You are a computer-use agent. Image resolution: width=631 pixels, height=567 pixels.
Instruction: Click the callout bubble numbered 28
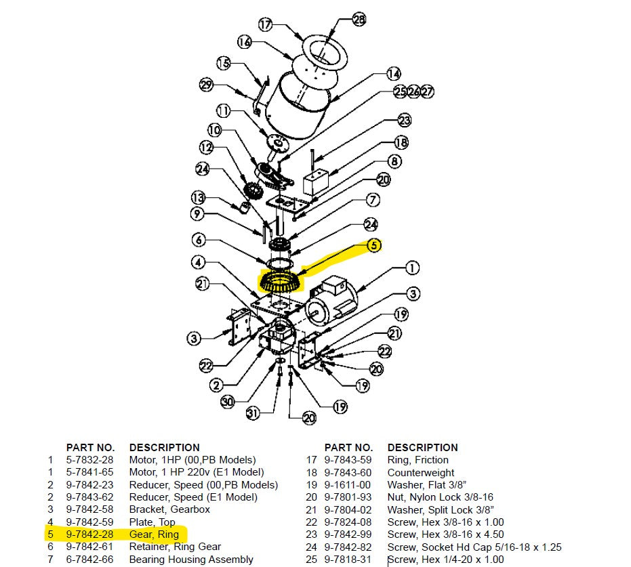pyautogui.click(x=359, y=20)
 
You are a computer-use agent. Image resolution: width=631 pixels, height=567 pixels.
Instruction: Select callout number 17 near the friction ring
pyautogui.click(x=265, y=25)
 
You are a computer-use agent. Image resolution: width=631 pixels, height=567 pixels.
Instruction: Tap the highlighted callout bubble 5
pyautogui.click(x=374, y=246)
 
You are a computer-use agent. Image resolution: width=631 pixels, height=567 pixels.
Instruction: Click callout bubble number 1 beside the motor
pyautogui.click(x=412, y=268)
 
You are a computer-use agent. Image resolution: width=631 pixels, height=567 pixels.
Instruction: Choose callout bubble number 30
pyautogui.click(x=228, y=402)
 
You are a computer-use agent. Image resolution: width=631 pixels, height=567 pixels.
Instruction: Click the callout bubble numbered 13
pyautogui.click(x=198, y=198)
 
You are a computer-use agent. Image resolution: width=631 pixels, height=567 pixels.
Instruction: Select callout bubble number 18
pyautogui.click(x=402, y=143)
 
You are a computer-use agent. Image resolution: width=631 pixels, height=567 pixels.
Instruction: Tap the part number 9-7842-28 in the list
pyautogui.click(x=89, y=534)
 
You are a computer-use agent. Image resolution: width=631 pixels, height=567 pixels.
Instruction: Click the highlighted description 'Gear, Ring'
pyautogui.click(x=154, y=534)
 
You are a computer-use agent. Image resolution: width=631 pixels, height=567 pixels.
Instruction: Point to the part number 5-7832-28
pyautogui.click(x=89, y=460)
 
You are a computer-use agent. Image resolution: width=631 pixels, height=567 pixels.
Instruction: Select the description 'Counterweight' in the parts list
pyautogui.click(x=421, y=473)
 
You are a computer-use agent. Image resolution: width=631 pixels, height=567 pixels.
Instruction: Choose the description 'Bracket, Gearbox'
pyautogui.click(x=169, y=509)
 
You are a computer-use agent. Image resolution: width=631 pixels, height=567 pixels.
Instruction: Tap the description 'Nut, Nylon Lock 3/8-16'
pyautogui.click(x=440, y=497)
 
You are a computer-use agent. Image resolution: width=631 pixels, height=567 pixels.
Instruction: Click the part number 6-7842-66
pyautogui.click(x=89, y=560)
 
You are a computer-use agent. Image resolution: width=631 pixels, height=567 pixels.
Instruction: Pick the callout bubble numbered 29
pyautogui.click(x=207, y=85)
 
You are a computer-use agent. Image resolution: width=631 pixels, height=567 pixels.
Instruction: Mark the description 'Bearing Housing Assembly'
pyautogui.click(x=191, y=560)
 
